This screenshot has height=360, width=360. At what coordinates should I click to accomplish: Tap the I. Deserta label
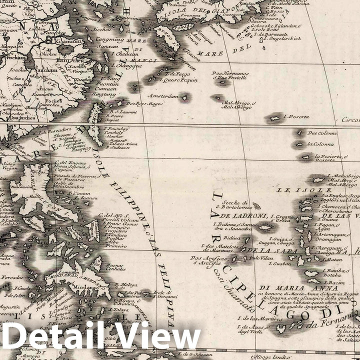coord(296,117)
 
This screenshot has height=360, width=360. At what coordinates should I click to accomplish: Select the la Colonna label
coord(321,144)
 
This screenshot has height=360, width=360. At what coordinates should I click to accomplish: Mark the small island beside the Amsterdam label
coord(186,97)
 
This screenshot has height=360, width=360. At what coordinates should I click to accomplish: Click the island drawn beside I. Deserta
coord(275,118)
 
